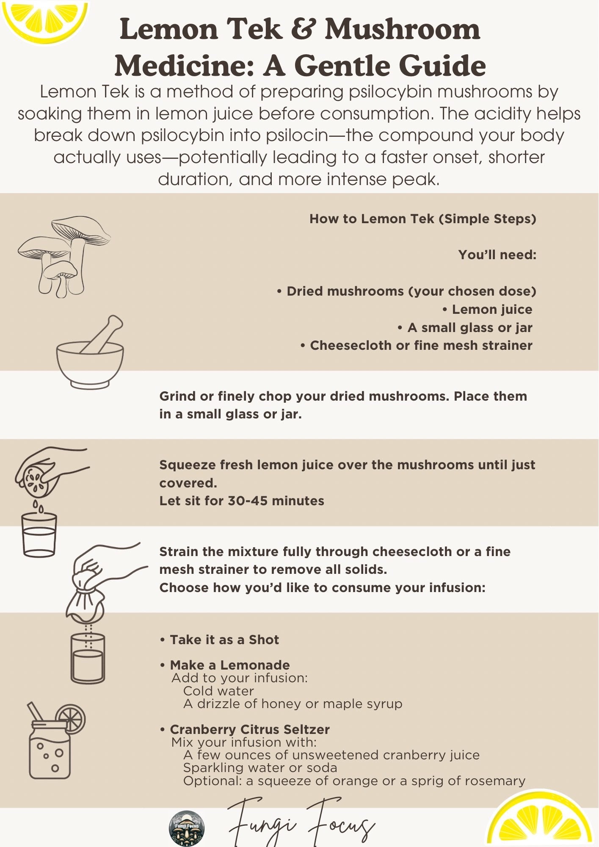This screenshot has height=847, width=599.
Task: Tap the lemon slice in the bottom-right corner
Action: point(540,819)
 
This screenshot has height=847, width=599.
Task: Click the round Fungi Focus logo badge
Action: point(187,828)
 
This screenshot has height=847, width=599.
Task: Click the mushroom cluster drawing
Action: point(63,256)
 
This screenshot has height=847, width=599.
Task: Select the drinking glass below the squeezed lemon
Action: point(39,534)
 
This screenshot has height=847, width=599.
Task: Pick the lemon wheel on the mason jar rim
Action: point(71,719)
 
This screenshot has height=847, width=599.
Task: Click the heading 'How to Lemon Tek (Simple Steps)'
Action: point(423,219)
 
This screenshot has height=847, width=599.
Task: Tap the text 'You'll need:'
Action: point(497,255)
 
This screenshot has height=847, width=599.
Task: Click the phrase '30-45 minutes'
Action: point(276,501)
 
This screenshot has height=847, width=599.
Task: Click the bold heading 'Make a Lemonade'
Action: point(230,665)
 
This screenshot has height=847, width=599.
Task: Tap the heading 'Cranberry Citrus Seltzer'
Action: point(250,729)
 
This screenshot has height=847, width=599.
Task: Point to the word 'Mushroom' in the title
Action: point(403,30)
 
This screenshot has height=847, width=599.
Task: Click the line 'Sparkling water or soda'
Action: point(260,767)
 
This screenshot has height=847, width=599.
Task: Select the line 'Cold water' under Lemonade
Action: point(218,691)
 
